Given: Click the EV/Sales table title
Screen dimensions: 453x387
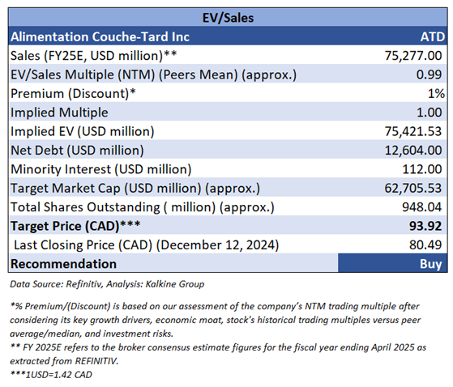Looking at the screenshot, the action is [x=228, y=18].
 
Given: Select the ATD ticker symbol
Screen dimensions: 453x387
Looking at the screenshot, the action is [x=433, y=37].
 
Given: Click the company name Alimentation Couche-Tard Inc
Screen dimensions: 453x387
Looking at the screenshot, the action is [x=100, y=37].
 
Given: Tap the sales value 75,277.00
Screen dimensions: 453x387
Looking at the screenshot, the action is [x=413, y=56].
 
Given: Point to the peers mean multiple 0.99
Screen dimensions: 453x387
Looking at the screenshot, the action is [x=429, y=74].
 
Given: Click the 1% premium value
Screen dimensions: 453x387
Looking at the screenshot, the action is [x=436, y=93].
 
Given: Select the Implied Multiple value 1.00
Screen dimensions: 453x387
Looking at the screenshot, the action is [x=429, y=113].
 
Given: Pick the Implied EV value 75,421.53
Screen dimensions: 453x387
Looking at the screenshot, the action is [x=413, y=132].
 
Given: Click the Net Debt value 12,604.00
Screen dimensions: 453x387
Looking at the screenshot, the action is [x=413, y=151].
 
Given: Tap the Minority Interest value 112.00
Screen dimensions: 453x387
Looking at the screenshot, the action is [x=422, y=169].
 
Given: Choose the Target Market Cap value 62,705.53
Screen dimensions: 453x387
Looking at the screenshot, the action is [x=413, y=189].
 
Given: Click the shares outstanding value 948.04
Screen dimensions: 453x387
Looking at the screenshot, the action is [x=421, y=207].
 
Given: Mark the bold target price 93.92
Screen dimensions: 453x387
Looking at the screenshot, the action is [x=425, y=226].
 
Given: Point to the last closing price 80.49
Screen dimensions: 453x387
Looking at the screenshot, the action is [x=425, y=245].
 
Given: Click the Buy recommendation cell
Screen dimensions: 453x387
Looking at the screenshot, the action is [x=392, y=263].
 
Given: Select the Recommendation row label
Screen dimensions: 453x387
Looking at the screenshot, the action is [x=63, y=264].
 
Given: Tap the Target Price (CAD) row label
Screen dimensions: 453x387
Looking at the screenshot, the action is [x=75, y=226].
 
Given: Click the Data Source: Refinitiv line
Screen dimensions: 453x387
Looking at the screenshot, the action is [x=107, y=284].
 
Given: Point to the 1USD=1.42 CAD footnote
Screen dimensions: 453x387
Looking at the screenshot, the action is [x=51, y=375].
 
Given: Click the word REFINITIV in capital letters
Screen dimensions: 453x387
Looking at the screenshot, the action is [x=96, y=361].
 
